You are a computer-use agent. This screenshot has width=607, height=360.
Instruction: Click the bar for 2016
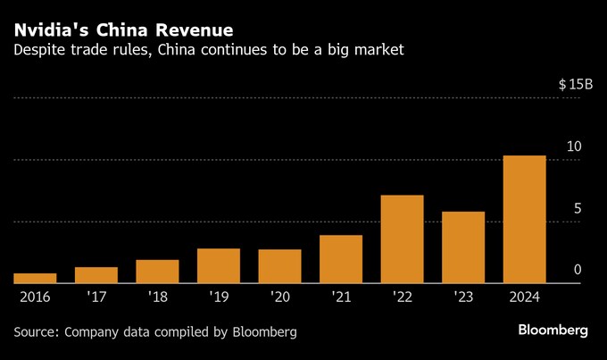pyautogui.click(x=35, y=279)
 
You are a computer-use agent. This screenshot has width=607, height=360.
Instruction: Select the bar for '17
pyautogui.click(x=96, y=275)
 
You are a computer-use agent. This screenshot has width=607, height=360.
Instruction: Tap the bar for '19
pyautogui.click(x=219, y=265)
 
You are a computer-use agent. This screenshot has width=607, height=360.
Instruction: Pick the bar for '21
pyautogui.click(x=340, y=259)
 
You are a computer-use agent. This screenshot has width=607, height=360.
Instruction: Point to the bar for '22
pyautogui.click(x=402, y=239)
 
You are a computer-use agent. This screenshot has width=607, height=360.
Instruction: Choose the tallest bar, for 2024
pyautogui.click(x=524, y=220)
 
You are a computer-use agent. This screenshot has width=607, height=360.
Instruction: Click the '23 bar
pyautogui.click(x=463, y=247)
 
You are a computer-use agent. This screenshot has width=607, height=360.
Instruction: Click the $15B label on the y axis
pyautogui.click(x=575, y=84)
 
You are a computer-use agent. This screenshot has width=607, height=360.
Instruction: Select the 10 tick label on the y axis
pyautogui.click(x=575, y=147)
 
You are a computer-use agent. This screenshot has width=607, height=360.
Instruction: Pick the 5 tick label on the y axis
pyautogui.click(x=578, y=208)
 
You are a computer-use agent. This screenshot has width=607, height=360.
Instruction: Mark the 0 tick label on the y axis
pyautogui.click(x=578, y=270)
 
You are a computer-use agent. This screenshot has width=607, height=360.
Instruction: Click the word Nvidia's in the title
pyautogui.click(x=52, y=30)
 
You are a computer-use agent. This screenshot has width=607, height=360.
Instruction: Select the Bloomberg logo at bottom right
pyautogui.click(x=553, y=331)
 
